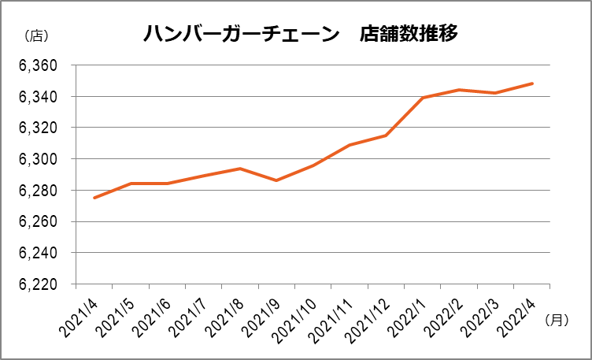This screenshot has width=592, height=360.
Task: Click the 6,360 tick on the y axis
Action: tap(38, 66)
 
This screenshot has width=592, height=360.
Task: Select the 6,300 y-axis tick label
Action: tap(38, 159)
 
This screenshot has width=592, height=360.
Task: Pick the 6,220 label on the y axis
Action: tap(38, 284)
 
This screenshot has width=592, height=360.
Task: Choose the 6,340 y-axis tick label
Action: tap(38, 97)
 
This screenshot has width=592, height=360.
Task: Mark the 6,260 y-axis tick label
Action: tap(38, 222)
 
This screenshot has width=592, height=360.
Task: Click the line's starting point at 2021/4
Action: tap(94, 198)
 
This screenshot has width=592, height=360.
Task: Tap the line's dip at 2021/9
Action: tap(276, 180)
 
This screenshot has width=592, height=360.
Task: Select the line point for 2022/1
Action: tap(423, 98)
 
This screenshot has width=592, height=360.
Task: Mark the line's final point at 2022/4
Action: tap(533, 84)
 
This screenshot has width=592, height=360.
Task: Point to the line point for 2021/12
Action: tap(386, 135)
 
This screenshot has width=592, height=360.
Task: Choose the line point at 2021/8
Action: tap(240, 169)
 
